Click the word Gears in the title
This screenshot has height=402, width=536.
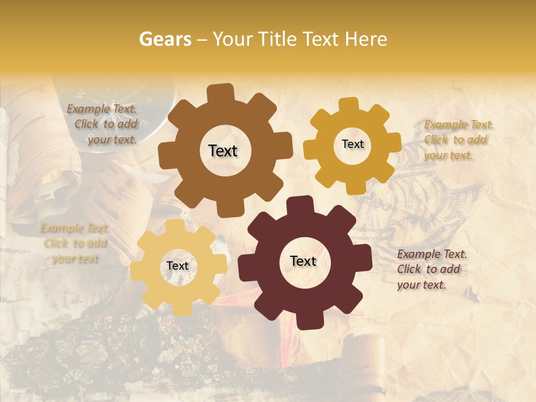[x=164, y=39]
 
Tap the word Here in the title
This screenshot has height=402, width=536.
[x=365, y=39]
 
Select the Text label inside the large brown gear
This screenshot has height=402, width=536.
[x=223, y=151]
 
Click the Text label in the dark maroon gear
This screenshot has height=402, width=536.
[x=303, y=261]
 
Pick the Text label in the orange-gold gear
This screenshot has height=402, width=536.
[x=352, y=144]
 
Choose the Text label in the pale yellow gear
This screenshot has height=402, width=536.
[x=178, y=266]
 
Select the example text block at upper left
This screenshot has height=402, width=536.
[x=103, y=124]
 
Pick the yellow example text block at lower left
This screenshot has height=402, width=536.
[x=75, y=243]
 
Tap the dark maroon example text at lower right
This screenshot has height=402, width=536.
[x=432, y=269]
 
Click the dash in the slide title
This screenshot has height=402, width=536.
[x=203, y=39]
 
